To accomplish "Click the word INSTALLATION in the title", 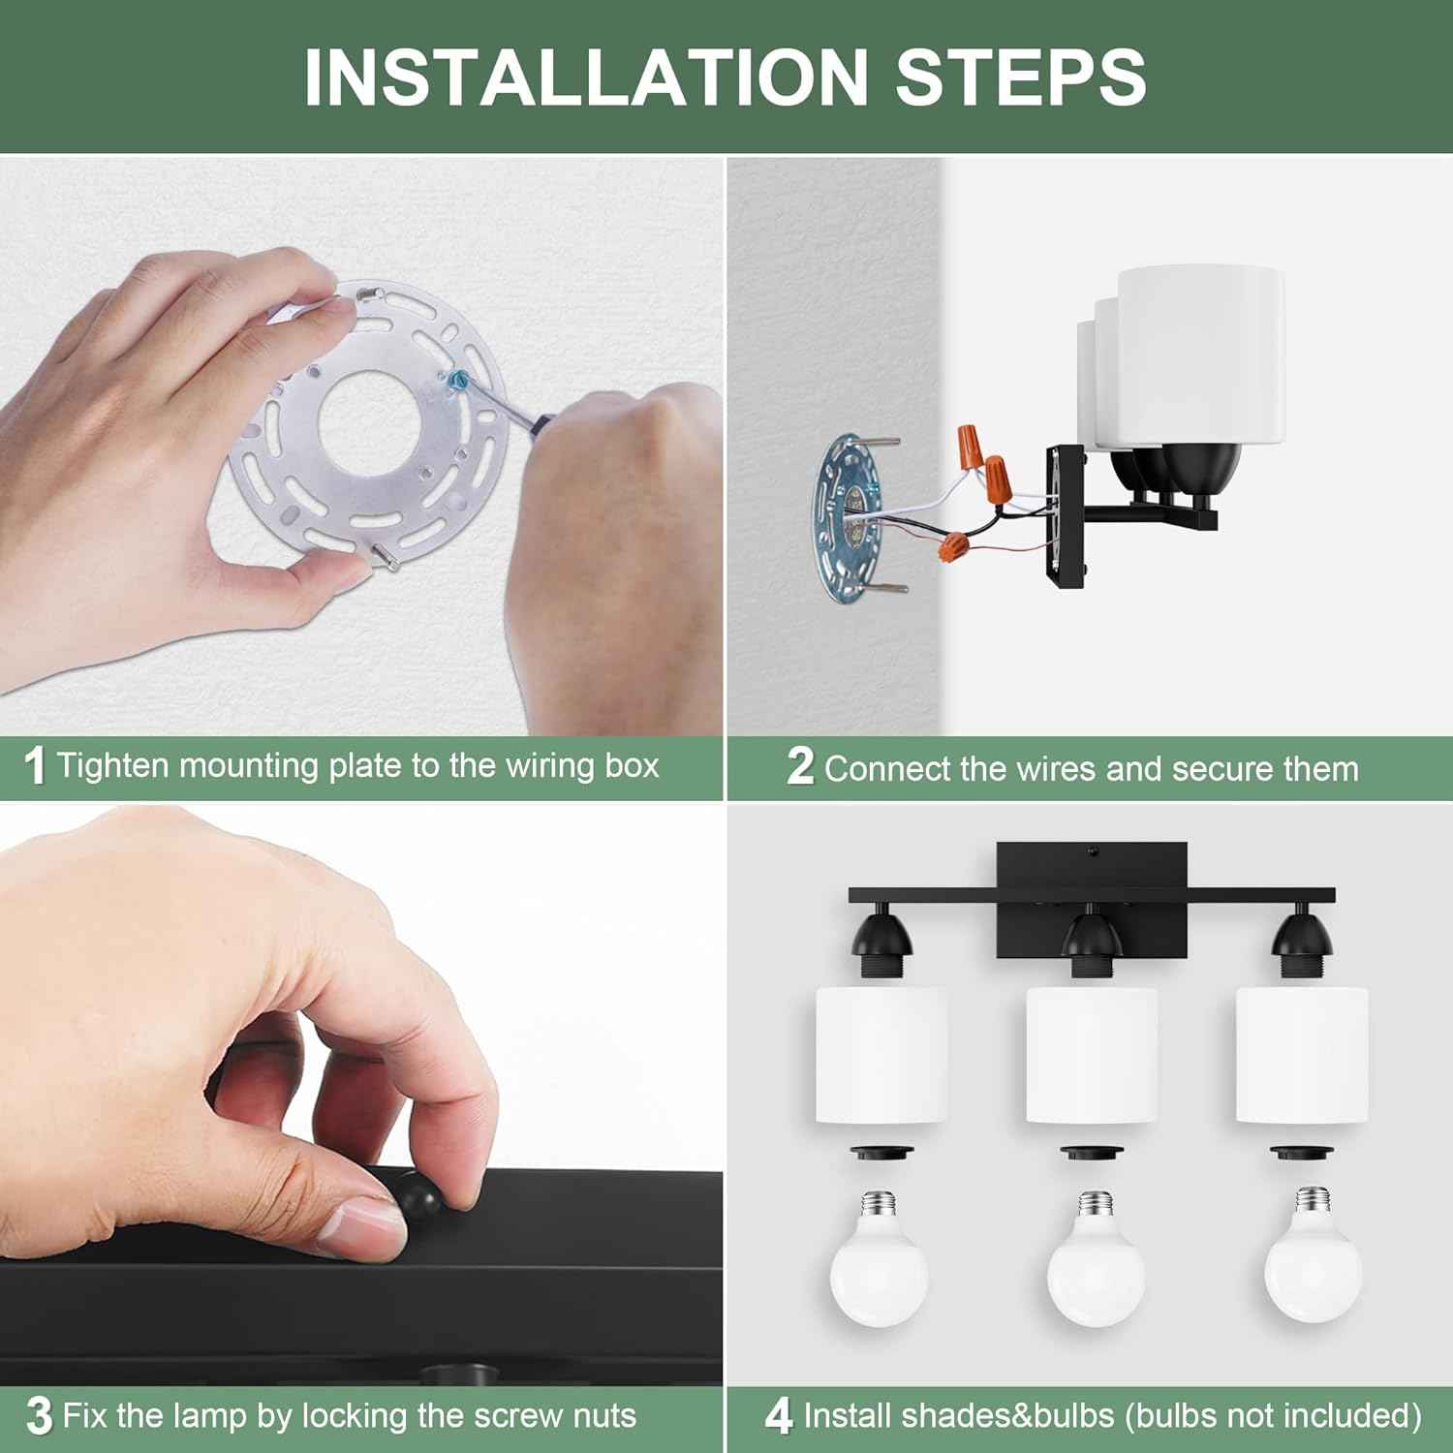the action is coord(585,76).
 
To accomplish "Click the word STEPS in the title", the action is coord(1021,76).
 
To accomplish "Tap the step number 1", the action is coord(35,766).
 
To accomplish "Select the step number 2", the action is coord(800,766).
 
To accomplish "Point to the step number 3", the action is coord(39,1416).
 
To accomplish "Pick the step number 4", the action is coord(779,1416).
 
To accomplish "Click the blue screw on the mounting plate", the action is coord(458,378).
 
